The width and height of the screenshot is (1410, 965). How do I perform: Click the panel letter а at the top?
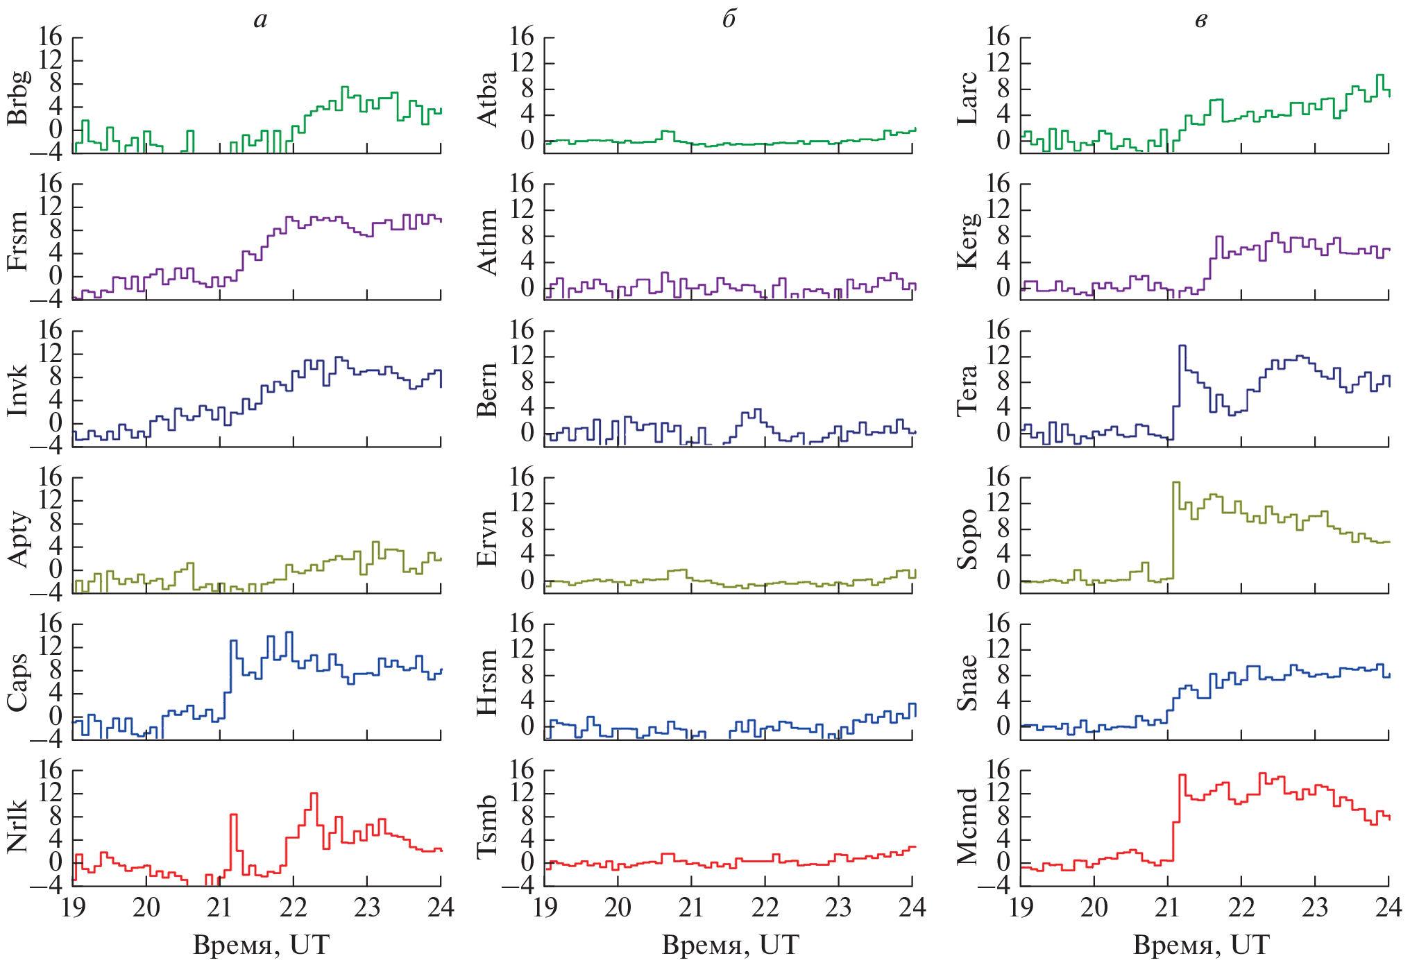pos(260,20)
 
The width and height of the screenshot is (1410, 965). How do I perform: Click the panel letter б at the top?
pos(729,19)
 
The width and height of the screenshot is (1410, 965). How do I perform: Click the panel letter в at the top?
pos(1201,20)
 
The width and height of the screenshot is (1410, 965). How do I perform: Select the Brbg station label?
pos(18,97)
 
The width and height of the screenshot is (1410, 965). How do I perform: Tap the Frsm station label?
pos(18,241)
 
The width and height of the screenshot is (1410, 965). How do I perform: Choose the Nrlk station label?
pos(18,825)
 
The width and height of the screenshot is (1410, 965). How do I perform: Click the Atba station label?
pos(489,99)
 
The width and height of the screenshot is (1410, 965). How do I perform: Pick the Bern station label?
pos(489,389)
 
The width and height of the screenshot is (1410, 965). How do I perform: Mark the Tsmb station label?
pos(489,826)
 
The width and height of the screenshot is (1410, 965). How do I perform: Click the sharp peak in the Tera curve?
pos(1182,345)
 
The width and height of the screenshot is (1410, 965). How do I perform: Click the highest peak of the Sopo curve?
pos(1175,482)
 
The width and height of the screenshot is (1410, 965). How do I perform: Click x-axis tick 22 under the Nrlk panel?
pos(293,907)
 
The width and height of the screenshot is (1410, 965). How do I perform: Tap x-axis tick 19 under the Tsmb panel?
pos(545,907)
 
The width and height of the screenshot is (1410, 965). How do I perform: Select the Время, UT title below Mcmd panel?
pos(1201,945)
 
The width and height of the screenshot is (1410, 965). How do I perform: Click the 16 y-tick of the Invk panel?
pos(51,330)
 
